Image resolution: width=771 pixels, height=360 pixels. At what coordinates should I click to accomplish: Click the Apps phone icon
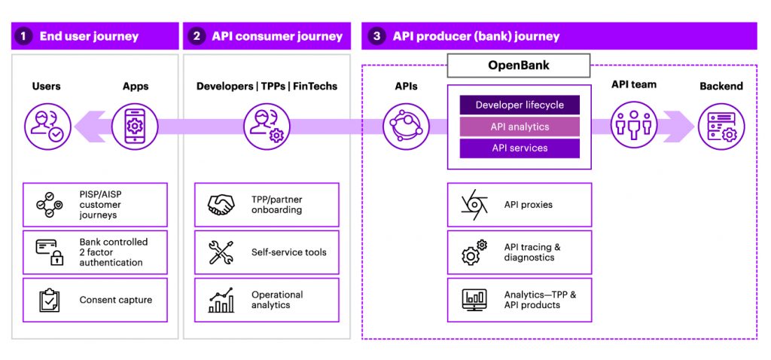[136, 126]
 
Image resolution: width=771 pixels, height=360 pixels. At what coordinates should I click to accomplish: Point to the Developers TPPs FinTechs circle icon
[267, 126]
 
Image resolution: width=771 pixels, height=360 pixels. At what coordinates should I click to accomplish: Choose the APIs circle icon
[406, 126]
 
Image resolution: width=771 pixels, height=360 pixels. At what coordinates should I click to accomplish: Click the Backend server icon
[721, 126]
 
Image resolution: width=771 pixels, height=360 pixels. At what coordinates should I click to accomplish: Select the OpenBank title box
[519, 66]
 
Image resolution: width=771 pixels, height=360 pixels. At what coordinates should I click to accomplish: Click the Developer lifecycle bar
[520, 105]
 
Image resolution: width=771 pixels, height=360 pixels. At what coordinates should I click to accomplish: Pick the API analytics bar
[520, 127]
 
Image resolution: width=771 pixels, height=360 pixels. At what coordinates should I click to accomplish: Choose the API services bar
[520, 148]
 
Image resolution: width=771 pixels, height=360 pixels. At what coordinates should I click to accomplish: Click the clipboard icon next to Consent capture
[50, 300]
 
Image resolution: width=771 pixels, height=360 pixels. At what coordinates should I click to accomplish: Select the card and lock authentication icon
[50, 252]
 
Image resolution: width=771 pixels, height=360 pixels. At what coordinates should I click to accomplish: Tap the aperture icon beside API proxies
[474, 205]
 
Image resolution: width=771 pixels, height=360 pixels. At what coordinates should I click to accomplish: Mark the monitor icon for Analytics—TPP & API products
[474, 300]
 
